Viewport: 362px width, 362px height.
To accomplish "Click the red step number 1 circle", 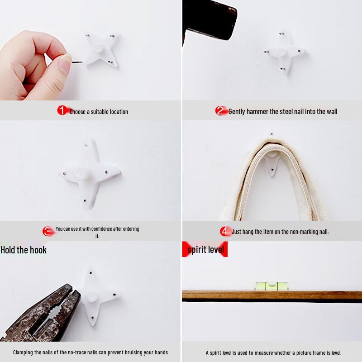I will click(62, 110).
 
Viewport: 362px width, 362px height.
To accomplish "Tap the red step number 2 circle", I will click(220, 111).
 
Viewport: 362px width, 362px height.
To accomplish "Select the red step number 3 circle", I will click(48, 232).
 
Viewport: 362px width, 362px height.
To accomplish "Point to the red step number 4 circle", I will click(225, 231).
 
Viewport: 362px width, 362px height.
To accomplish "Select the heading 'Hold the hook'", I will click(24, 250).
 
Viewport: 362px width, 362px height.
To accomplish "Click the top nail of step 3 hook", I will click(87, 146).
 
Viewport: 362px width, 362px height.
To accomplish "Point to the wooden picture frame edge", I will click(271, 295).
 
